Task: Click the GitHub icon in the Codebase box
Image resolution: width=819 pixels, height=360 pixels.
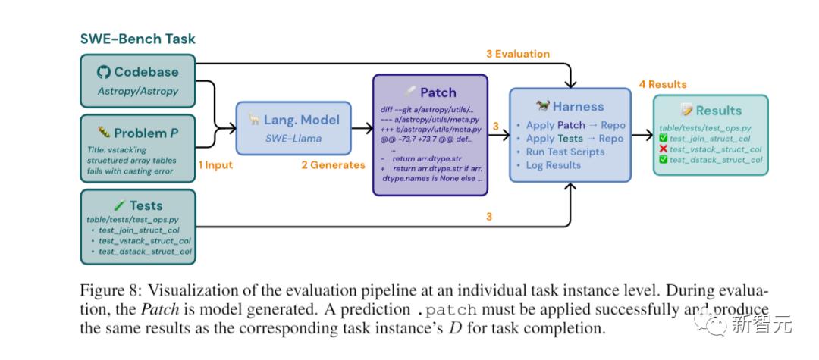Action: (104, 73)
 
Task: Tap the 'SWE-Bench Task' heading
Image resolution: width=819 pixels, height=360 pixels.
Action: (138, 38)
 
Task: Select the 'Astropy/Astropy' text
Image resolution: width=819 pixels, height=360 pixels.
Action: (137, 91)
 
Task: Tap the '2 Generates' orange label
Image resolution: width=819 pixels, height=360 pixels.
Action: (333, 164)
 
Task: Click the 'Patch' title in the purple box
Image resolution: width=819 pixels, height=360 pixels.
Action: (438, 92)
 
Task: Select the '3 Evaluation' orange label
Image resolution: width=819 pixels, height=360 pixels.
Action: (518, 54)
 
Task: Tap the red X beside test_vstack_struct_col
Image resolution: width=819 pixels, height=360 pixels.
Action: (663, 149)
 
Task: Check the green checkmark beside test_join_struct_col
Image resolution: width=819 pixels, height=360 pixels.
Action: (663, 138)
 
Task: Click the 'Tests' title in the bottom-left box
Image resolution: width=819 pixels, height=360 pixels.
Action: (146, 206)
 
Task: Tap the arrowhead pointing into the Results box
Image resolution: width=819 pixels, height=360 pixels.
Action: (649, 136)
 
